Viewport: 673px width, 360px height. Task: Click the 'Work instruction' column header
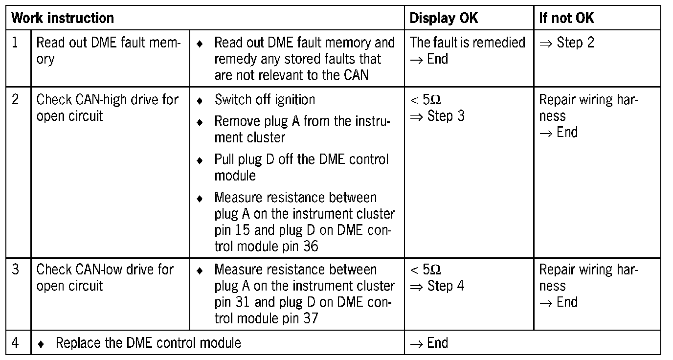(63, 19)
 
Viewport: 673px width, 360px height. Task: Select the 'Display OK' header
(444, 19)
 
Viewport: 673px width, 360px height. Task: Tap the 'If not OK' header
(566, 19)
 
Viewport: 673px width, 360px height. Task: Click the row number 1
(15, 43)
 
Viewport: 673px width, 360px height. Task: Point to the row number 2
(15, 100)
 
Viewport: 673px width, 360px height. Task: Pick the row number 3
(15, 270)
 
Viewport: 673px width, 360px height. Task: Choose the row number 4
(15, 342)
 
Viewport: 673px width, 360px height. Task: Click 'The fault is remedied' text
(467, 43)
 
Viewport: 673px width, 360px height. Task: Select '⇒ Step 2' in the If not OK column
(566, 43)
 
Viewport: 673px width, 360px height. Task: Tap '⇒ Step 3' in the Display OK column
(437, 116)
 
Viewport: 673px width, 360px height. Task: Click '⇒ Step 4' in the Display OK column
(437, 286)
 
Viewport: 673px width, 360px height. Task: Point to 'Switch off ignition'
(265, 100)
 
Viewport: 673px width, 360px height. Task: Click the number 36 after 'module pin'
(310, 246)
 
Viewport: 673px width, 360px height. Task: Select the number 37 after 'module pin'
(310, 318)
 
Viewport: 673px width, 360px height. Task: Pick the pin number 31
(242, 302)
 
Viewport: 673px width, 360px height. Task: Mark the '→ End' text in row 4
(429, 342)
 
